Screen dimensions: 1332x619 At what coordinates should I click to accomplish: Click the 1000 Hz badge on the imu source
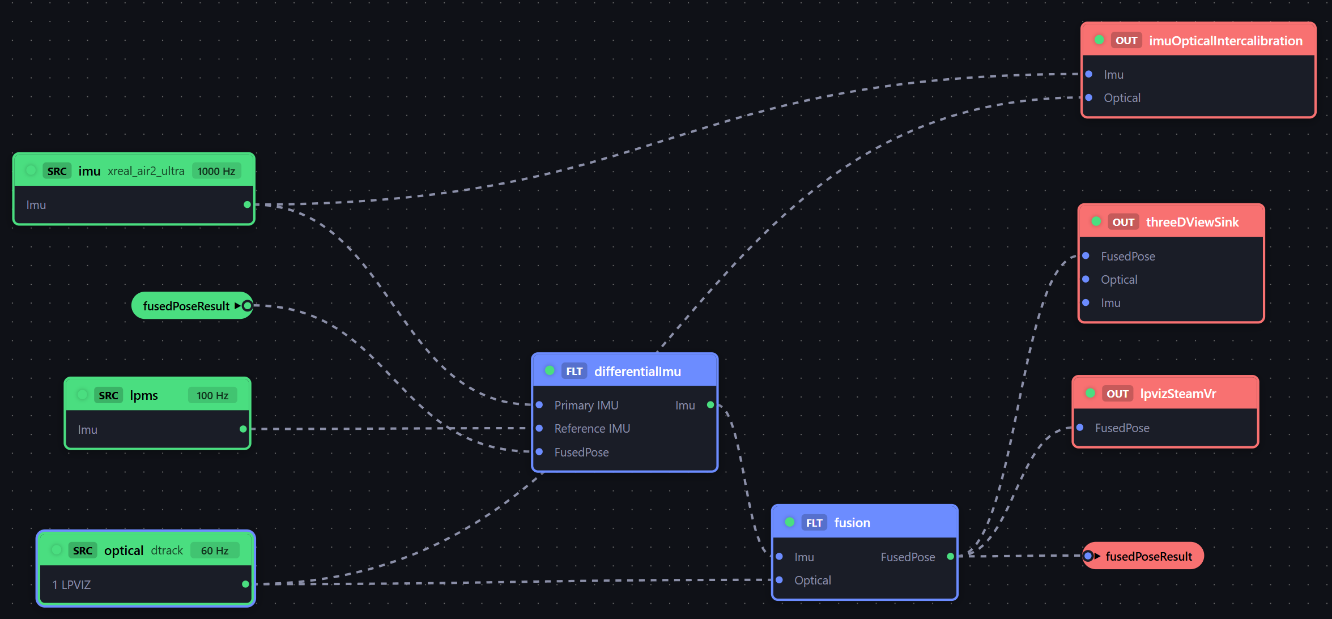[216, 171]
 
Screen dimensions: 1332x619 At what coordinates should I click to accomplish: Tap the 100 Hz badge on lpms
[212, 395]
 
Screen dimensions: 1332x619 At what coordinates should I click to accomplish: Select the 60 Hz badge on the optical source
[215, 550]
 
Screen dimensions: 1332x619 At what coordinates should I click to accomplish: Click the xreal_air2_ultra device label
[146, 171]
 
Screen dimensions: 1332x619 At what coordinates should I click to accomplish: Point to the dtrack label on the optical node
[167, 550]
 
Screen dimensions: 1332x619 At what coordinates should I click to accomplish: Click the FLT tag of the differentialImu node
[574, 372]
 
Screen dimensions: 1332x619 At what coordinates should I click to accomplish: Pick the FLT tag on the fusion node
[814, 523]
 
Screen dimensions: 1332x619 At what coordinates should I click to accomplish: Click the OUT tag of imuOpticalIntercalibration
[1126, 41]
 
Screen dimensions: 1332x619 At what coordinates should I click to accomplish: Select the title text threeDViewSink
[1193, 222]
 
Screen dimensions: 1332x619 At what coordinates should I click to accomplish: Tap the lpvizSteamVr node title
[1178, 394]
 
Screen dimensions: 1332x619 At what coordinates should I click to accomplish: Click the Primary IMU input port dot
[539, 405]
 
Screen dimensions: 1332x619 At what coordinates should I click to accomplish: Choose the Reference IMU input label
[592, 429]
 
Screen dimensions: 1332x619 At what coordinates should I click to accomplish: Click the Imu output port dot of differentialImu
[710, 405]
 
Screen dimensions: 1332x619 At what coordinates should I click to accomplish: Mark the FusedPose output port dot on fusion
[951, 557]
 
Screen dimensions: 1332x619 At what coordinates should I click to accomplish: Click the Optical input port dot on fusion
[780, 580]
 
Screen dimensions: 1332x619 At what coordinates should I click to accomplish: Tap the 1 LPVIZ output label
[71, 584]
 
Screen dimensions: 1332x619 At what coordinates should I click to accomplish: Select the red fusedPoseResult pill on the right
[1143, 556]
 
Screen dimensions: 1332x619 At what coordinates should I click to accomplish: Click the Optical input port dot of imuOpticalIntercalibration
[1089, 97]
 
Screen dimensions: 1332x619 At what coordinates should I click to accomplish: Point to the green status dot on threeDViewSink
[1096, 221]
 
